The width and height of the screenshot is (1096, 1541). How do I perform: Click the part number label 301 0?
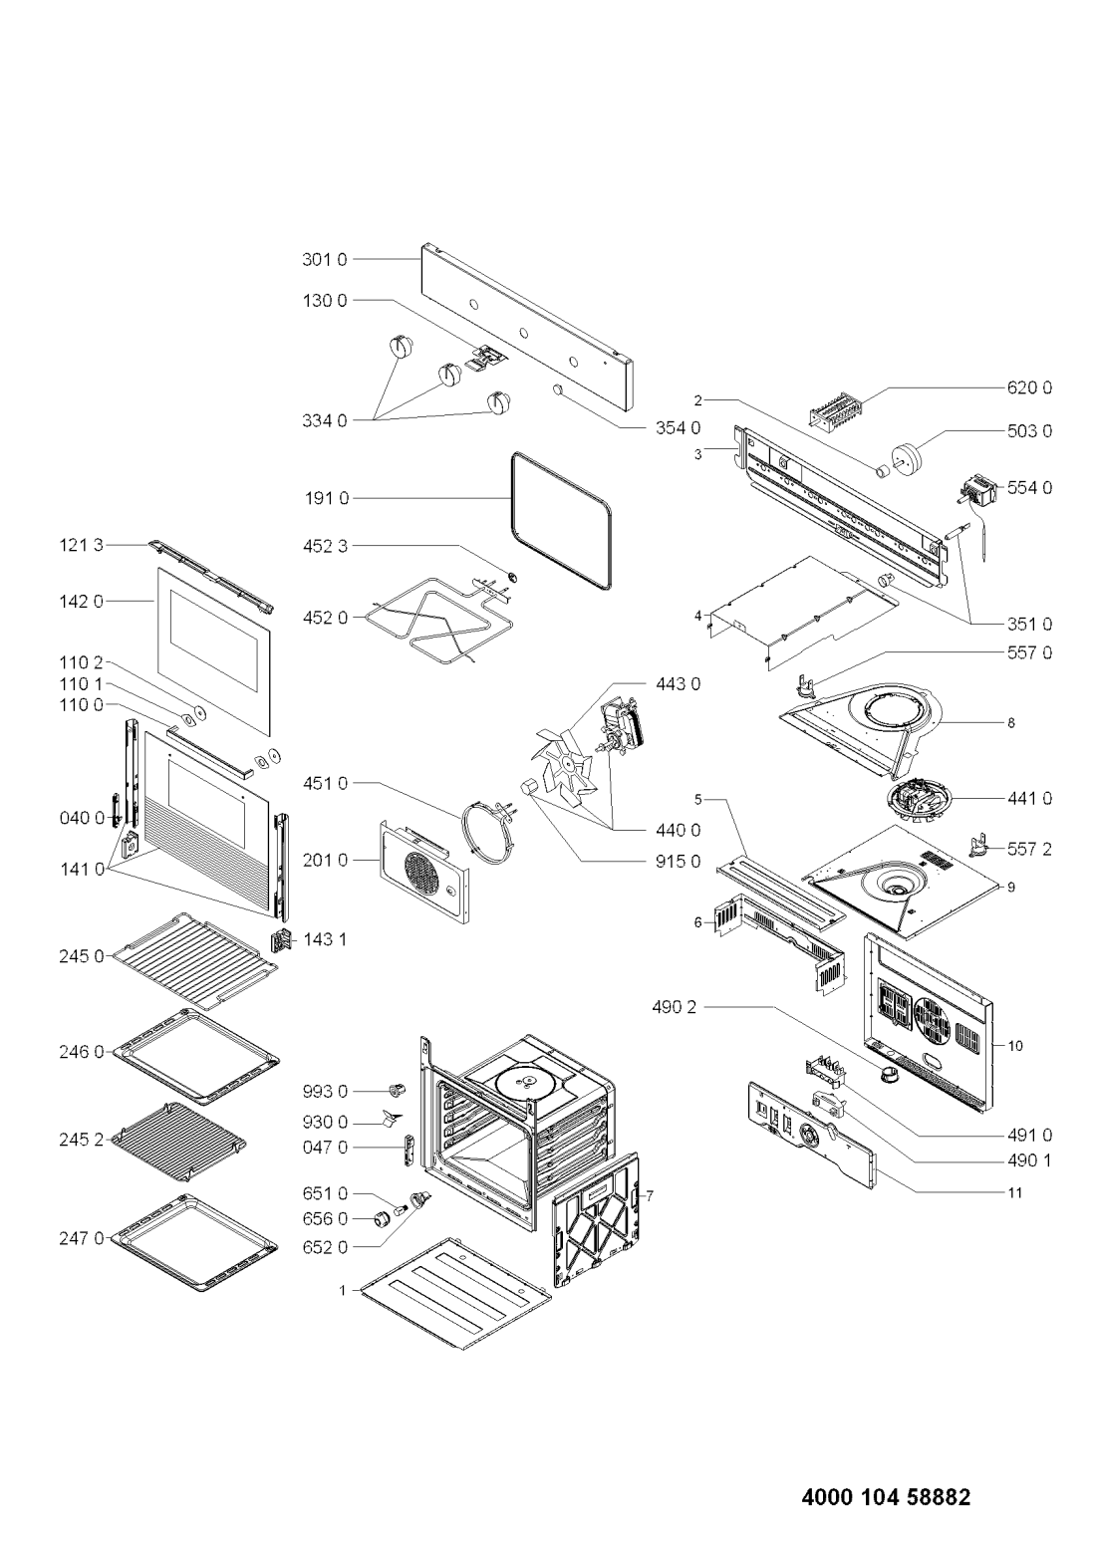pyautogui.click(x=324, y=260)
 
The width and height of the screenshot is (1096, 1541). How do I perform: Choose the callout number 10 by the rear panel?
pyautogui.click(x=1015, y=1046)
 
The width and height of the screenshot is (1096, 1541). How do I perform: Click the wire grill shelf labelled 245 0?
pyautogui.click(x=194, y=960)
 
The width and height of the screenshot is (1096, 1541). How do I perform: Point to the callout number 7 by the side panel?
pyautogui.click(x=649, y=1194)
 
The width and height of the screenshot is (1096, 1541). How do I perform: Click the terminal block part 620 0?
pyautogui.click(x=835, y=409)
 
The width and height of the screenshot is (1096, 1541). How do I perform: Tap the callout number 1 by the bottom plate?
pyautogui.click(x=342, y=1289)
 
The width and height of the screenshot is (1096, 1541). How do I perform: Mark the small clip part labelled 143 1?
pyautogui.click(x=283, y=938)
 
